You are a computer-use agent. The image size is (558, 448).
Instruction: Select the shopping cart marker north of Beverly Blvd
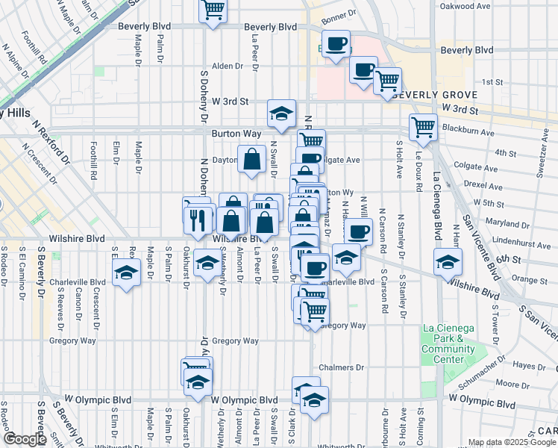pyautogui.click(x=213, y=10)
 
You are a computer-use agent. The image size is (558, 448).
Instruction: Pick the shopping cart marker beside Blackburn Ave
pyautogui.click(x=423, y=128)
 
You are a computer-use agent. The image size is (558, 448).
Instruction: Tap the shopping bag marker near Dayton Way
pyautogui.click(x=252, y=159)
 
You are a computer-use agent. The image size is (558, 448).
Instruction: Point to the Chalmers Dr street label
pyautogui.click(x=341, y=367)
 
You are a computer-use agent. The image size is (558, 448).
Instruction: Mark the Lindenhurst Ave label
pyautogui.click(x=507, y=241)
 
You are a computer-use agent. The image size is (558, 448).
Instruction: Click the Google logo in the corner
pyautogui.click(x=25, y=439)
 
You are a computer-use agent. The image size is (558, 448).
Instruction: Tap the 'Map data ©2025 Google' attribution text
pyautogui.click(x=512, y=442)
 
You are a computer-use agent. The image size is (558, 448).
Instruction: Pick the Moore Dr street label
pyautogui.click(x=512, y=384)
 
